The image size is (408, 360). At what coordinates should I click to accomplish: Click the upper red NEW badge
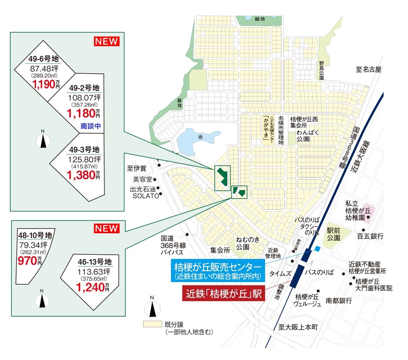pos(106,41)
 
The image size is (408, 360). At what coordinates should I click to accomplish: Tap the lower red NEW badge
pos(106,229)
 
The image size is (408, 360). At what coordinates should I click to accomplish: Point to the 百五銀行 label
pos(370,236)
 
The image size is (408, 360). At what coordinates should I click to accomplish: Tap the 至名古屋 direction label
pos(368,70)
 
